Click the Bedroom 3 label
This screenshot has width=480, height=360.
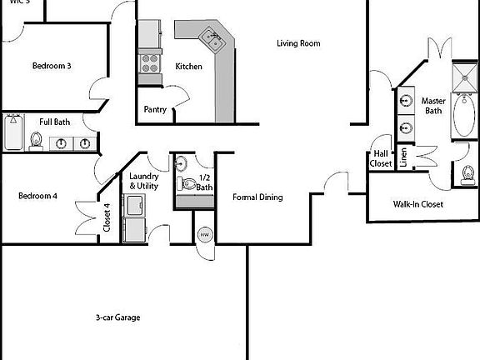coord(51,67)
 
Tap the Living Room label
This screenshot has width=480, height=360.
coord(298,43)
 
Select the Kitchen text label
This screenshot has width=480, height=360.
coord(188,67)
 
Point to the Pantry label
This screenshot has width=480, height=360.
coord(155,109)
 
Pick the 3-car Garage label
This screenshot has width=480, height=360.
coord(117,317)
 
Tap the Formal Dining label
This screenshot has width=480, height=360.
coord(257,197)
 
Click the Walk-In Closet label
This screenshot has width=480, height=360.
coord(417,204)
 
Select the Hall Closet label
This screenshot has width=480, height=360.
coord(381,158)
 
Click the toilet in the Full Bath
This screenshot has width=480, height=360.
coord(37,140)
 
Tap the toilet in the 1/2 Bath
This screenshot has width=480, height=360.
coord(187,182)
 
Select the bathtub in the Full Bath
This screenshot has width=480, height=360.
coord(12,133)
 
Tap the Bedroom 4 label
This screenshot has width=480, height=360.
coord(37,197)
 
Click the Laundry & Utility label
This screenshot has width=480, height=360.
coord(144,182)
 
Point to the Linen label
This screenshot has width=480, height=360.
coord(403,157)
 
